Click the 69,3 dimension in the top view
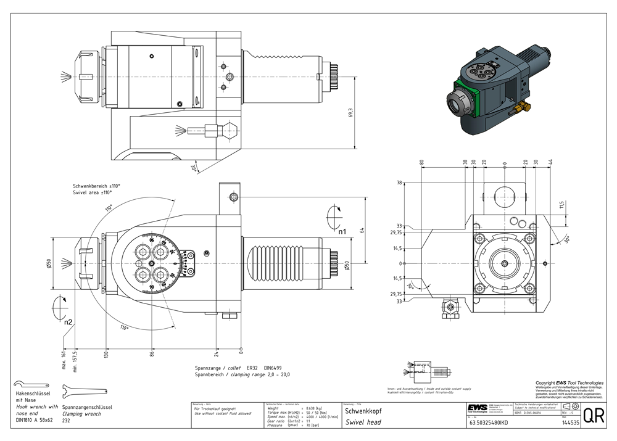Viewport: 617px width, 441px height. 351,113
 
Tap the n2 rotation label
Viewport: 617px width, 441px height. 68,321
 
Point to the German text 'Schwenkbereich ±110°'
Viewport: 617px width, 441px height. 96,186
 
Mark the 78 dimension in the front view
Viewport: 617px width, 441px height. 399,183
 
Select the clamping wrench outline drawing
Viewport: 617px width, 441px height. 88,390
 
